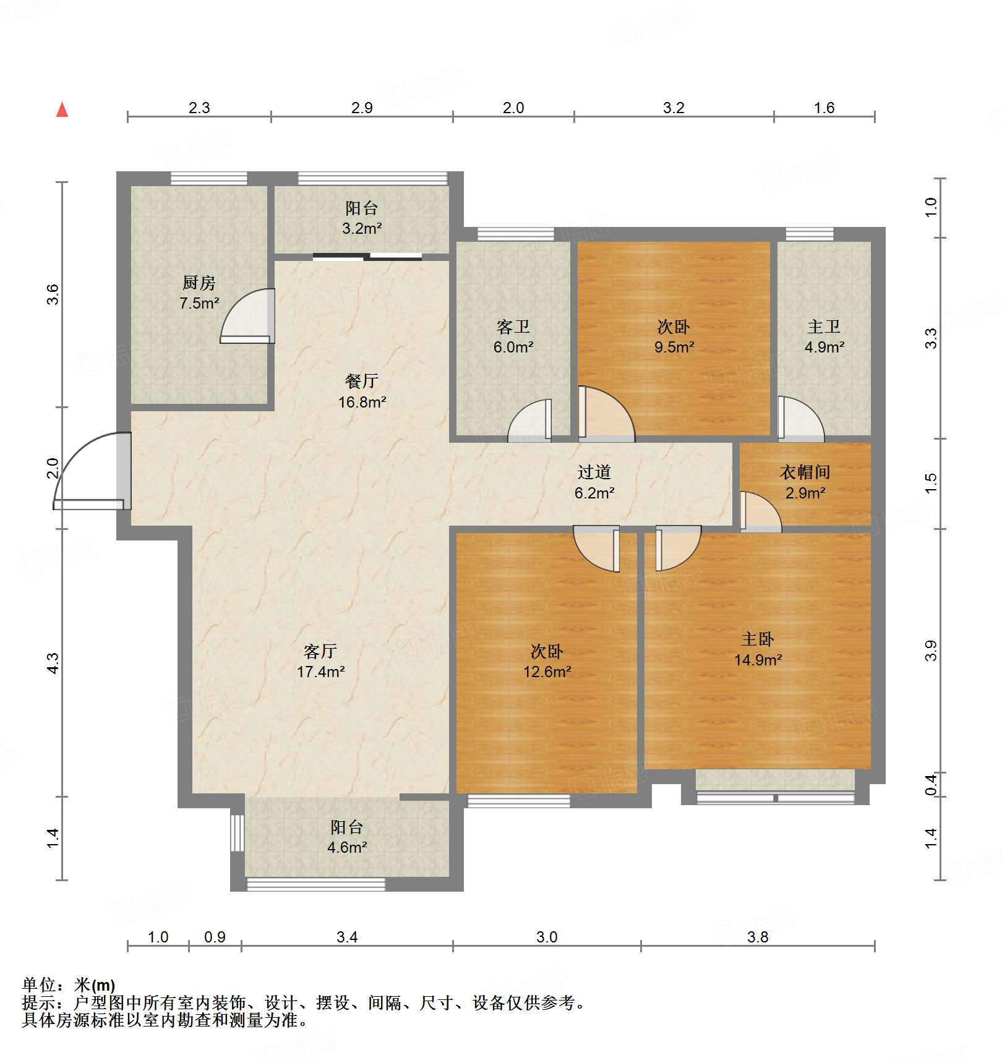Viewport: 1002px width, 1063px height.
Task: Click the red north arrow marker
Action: (62, 109)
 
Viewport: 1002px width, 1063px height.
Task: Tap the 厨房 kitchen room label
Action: (199, 283)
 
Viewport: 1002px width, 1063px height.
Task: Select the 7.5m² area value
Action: (199, 303)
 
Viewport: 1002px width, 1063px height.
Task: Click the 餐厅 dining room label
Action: (362, 382)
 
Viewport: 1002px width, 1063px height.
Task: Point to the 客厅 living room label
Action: (320, 651)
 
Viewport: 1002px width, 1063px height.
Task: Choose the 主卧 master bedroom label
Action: (758, 639)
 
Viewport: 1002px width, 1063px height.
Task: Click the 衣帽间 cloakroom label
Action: (805, 472)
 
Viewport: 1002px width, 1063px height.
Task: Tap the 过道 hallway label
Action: (594, 472)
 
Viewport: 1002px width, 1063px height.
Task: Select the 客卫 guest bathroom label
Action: (513, 327)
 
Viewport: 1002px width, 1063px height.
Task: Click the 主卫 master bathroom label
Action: (824, 327)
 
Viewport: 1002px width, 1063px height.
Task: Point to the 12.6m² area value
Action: (547, 672)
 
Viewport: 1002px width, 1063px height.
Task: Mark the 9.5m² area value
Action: (674, 347)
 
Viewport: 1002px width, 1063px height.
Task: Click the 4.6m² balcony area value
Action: (347, 847)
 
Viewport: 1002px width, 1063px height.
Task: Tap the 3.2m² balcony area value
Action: (362, 228)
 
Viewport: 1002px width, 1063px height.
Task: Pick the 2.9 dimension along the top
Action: (362, 108)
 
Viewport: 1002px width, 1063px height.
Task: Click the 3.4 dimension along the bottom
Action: (347, 937)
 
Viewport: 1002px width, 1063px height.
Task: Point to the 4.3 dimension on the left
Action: (53, 663)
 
